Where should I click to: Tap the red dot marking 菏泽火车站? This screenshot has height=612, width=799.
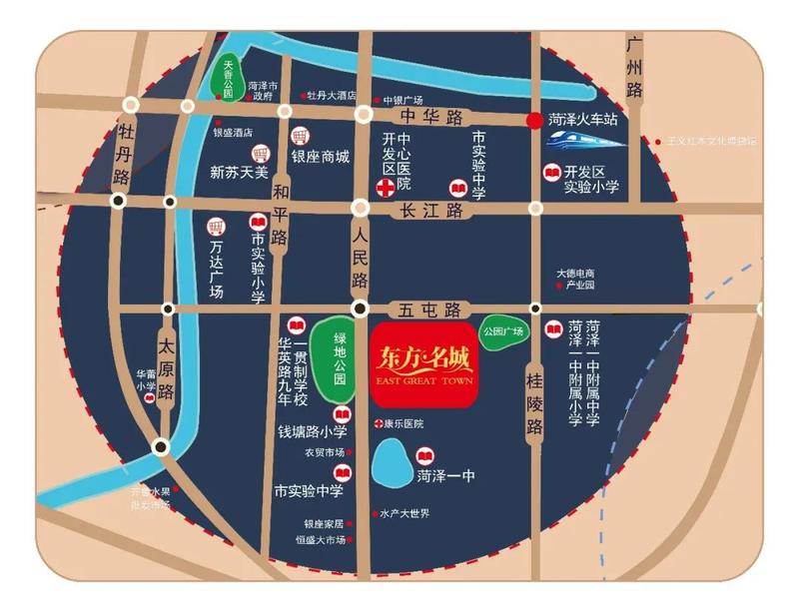pyautogui.click(x=535, y=119)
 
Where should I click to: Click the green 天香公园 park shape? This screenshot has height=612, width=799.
pyautogui.click(x=229, y=76)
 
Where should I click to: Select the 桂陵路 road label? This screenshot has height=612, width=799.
pyautogui.click(x=535, y=400)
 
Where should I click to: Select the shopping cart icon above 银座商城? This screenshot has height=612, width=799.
pyautogui.click(x=298, y=136)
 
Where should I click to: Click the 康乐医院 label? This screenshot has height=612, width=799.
pyautogui.click(x=402, y=424)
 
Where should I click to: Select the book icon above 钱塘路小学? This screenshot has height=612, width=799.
pyautogui.click(x=342, y=414)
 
